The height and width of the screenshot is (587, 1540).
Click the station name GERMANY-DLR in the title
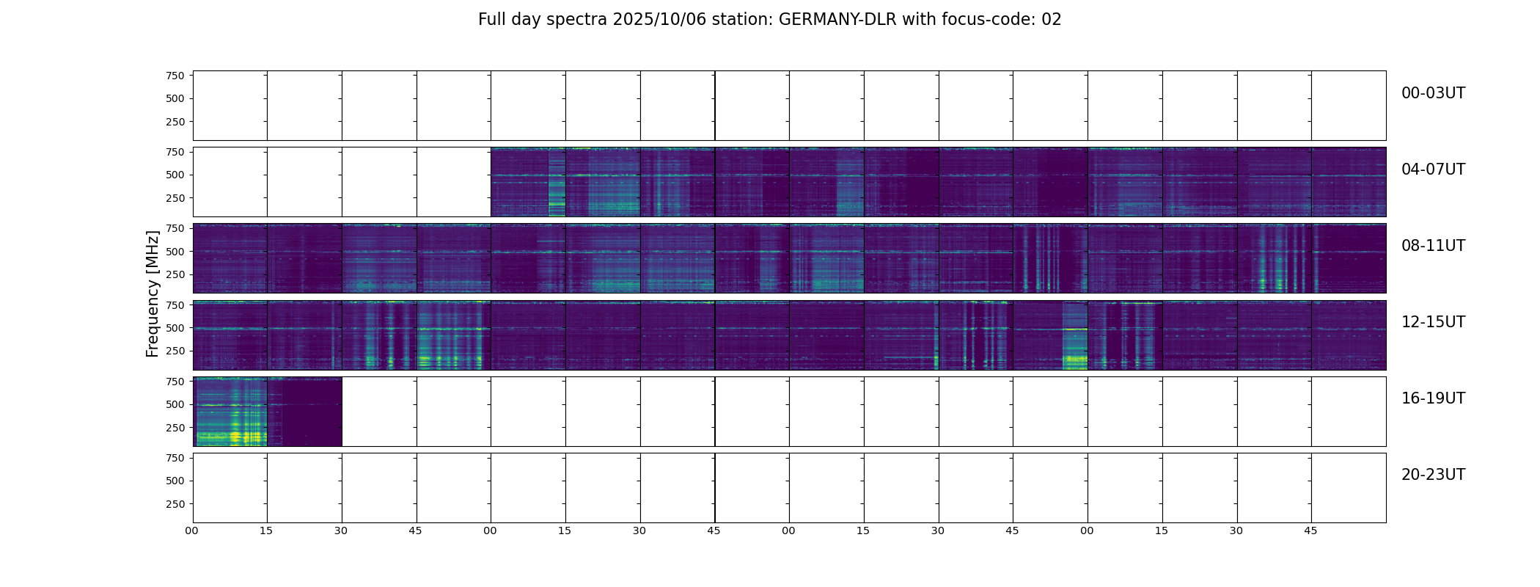click(837, 20)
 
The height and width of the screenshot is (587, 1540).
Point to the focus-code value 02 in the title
click(1051, 20)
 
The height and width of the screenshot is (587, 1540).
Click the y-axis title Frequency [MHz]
click(153, 293)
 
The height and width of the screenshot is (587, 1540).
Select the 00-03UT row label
click(1433, 93)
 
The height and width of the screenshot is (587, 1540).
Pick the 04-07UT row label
click(1433, 169)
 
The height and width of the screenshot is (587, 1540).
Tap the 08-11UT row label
click(1433, 246)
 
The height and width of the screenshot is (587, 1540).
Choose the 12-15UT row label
click(1433, 322)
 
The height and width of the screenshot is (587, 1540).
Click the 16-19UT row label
click(1433, 398)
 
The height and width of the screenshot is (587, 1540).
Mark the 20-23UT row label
click(1433, 475)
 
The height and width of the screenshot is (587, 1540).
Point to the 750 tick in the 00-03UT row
click(175, 76)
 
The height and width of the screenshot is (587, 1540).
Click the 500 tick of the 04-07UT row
click(175, 175)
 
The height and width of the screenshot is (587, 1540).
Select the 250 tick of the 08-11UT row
click(175, 274)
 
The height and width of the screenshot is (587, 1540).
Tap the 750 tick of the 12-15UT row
click(175, 305)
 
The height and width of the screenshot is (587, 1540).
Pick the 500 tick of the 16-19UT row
click(175, 404)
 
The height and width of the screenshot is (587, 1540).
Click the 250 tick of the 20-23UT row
click(175, 504)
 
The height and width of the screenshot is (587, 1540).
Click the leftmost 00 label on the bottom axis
click(192, 531)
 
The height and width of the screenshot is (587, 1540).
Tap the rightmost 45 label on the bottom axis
click(1310, 531)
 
